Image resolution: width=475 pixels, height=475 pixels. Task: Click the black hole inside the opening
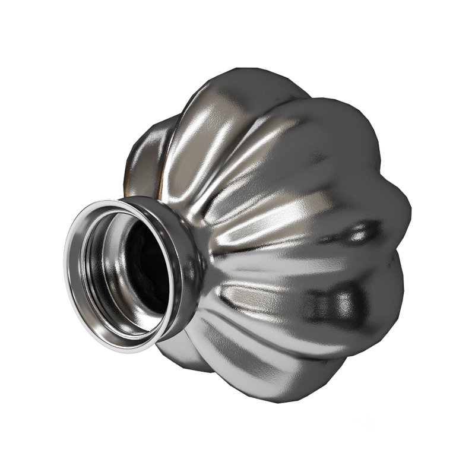click(142, 267)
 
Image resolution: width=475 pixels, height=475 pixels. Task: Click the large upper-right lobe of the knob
click(332, 142)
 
